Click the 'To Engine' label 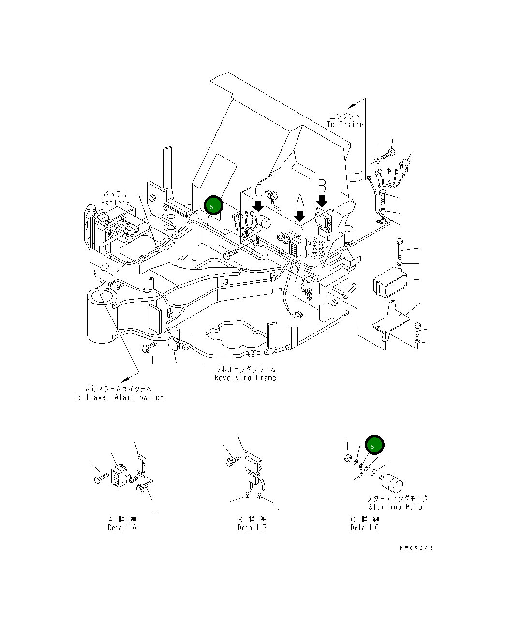click(345, 124)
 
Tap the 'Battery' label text click(115, 203)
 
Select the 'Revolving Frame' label click(245, 377)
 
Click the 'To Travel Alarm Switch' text click(119, 397)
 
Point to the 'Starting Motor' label click(397, 507)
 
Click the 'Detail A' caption click(122, 527)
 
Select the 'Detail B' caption click(252, 527)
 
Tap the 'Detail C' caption click(365, 527)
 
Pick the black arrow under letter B click(322, 200)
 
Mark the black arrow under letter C click(258, 205)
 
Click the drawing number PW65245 click(416, 548)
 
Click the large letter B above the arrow click(322, 186)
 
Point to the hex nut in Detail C click(347, 457)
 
